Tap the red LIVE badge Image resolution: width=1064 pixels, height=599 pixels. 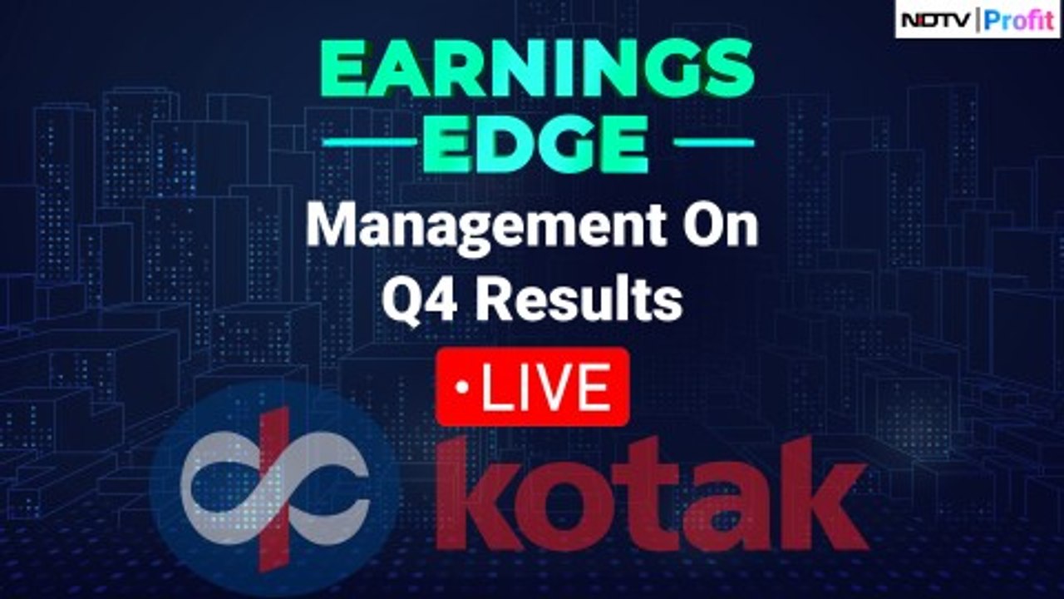pyautogui.click(x=532, y=387)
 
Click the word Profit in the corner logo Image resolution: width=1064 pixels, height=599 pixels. pyautogui.click(x=1019, y=19)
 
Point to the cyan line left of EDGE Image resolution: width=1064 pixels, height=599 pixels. pyautogui.click(x=369, y=143)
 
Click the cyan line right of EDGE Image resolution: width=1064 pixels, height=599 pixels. pyautogui.click(x=713, y=143)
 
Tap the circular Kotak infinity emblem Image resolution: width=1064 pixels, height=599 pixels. pyautogui.click(x=274, y=491)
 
